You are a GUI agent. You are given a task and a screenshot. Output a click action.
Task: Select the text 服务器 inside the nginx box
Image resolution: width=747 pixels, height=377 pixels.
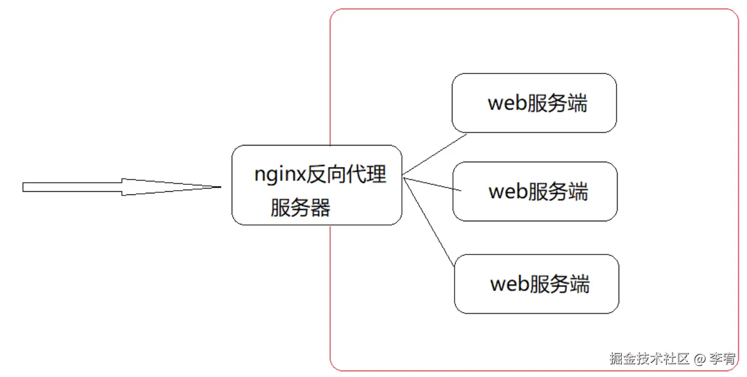coord(300,207)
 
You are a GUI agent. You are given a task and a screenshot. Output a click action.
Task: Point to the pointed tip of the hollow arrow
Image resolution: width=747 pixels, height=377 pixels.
coord(220,187)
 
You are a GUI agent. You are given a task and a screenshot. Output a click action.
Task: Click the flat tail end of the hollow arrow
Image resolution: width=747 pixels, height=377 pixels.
coord(24,187)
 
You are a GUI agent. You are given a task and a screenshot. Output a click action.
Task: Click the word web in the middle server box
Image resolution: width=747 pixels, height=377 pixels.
coord(507,191)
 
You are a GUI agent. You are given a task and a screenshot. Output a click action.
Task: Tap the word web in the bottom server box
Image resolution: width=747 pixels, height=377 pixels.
coord(508,284)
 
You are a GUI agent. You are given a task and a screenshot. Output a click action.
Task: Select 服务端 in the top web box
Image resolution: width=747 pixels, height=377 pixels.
coord(557,103)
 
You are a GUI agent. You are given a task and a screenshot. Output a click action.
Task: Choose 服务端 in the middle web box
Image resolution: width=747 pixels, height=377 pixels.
coord(558,191)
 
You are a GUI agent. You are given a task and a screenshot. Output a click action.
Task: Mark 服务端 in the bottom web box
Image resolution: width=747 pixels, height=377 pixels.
coord(559,284)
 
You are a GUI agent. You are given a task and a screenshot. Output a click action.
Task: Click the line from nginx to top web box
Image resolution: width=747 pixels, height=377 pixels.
coord(435,155)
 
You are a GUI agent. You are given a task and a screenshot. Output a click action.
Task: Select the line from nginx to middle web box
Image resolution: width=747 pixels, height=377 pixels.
coord(433,184)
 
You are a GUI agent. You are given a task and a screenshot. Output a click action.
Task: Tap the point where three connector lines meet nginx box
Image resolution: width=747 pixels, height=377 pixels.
coord(403,177)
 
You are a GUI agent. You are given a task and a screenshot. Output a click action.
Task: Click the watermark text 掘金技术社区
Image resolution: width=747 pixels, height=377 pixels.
coord(649,359)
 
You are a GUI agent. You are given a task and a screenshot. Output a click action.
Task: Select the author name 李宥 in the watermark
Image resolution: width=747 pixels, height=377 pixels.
coord(722,359)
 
